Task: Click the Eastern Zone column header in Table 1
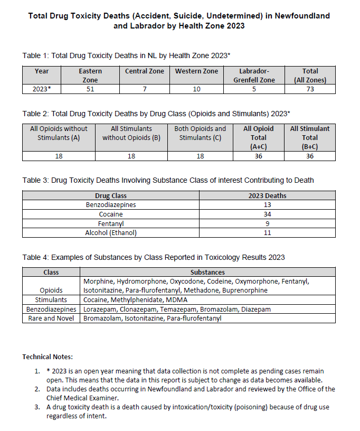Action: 90,75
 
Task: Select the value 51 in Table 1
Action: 90,89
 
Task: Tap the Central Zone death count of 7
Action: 144,89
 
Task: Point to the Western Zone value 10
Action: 196,89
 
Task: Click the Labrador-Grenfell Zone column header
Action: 254,75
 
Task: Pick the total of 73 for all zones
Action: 310,89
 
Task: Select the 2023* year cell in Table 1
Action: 42,89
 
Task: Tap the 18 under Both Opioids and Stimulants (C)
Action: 200,156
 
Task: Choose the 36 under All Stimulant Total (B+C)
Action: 310,156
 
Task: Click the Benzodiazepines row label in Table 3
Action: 111,205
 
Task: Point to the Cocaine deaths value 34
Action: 267,214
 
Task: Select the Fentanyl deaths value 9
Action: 267,223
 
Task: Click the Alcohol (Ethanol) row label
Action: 111,233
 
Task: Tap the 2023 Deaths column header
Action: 267,196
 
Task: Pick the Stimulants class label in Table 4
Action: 51,299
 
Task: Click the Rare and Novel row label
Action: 51,318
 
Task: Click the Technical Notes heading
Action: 47,357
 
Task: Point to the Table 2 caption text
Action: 156,114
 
